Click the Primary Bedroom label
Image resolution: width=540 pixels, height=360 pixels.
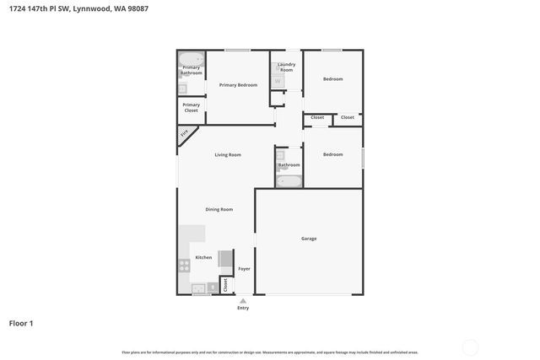point(238,85)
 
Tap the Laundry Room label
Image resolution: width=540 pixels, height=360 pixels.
point(287,67)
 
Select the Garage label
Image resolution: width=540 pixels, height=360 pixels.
point(309,239)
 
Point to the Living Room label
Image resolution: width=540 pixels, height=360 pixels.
point(228,154)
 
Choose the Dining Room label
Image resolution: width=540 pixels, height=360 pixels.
point(219,209)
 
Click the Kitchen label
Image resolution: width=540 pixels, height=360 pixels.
point(203,257)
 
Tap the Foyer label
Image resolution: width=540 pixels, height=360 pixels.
point(244,268)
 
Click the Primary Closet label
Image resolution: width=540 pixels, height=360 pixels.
point(192,108)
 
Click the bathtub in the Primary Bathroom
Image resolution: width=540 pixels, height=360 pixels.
point(192,61)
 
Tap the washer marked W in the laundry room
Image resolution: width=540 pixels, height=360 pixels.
point(278,81)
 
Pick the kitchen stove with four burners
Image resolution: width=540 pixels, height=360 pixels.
point(185,265)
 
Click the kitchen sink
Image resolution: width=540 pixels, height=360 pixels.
point(198,288)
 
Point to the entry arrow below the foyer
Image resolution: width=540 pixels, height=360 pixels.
point(243,300)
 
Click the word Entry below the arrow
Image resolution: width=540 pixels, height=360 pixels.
point(243,308)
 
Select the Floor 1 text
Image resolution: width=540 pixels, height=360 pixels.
point(21,323)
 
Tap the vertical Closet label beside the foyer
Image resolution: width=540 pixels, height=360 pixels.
point(225,285)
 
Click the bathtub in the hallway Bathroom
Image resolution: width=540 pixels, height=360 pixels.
point(289,180)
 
